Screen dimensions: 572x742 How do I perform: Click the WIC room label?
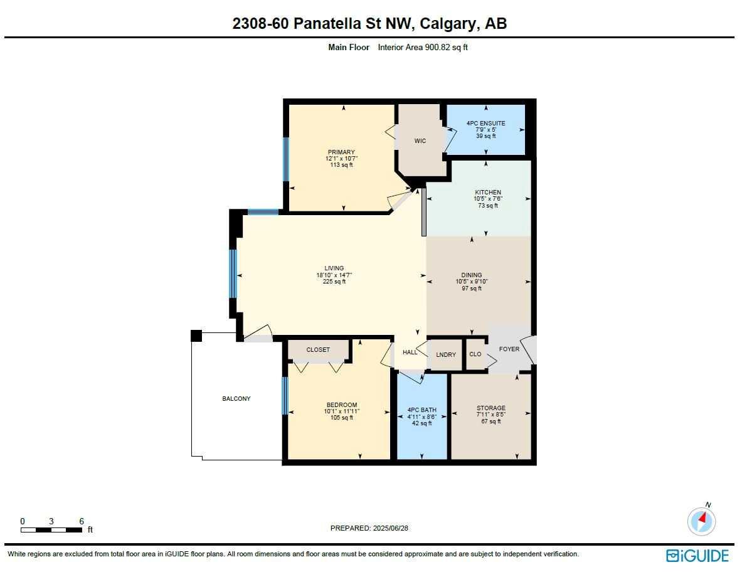pos(420,141)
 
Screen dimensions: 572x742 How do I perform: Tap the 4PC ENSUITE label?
pos(485,124)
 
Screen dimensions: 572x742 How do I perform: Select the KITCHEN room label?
pos(487,193)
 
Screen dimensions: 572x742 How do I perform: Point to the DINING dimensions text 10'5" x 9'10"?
pos(472,282)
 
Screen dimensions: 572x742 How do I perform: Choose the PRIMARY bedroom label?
pos(341,152)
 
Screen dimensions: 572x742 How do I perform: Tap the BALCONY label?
pos(236,399)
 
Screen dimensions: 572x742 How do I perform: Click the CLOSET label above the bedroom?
pos(318,350)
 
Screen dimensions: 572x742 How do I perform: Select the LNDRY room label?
pos(446,355)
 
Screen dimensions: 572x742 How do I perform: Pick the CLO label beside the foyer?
pos(475,354)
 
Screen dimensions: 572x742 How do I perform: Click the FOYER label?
pos(509,349)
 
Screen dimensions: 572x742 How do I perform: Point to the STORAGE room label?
pos(490,408)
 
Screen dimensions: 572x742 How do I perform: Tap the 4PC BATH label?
pos(422,410)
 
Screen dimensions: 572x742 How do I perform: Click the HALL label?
pos(410,352)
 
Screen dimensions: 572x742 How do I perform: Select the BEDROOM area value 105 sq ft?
pos(342,418)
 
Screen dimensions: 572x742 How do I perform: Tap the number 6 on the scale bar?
pos(82,521)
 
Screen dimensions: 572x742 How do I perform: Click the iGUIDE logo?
pos(697,556)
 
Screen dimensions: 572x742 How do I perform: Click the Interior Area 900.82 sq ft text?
pos(423,47)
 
